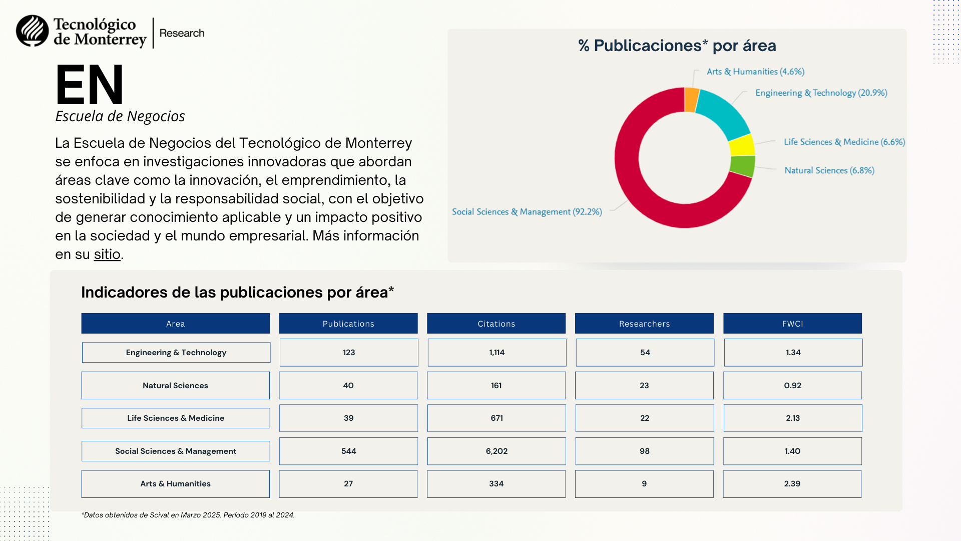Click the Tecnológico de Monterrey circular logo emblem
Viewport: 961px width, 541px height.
click(33, 31)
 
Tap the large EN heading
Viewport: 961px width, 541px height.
click(90, 85)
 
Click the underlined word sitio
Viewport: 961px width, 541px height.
click(107, 254)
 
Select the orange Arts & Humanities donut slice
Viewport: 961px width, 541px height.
click(692, 100)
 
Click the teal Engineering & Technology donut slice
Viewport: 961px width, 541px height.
click(724, 113)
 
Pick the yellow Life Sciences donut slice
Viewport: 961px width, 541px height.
click(742, 145)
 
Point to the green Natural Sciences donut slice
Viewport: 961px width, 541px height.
click(743, 166)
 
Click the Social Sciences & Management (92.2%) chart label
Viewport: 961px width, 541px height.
click(527, 212)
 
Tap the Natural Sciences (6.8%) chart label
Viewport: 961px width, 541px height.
click(829, 170)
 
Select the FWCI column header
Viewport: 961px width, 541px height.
click(792, 324)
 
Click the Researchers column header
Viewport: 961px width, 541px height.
click(644, 324)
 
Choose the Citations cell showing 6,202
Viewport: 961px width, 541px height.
click(497, 451)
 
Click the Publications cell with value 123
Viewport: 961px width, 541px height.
click(349, 353)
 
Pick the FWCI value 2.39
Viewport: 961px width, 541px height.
click(792, 484)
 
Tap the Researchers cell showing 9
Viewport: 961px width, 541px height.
click(644, 484)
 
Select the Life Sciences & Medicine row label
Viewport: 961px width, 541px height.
click(176, 418)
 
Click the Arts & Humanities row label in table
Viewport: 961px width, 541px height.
click(175, 484)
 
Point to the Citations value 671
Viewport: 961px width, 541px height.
click(497, 418)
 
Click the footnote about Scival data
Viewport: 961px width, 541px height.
click(188, 515)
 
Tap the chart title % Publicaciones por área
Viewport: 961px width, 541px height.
click(677, 46)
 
